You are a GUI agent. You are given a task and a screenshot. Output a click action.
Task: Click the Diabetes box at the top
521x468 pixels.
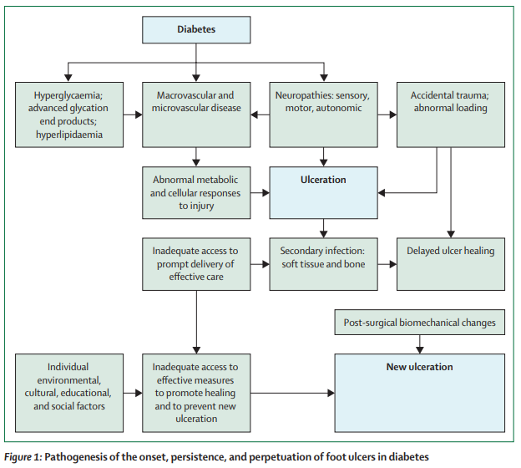coord(196,29)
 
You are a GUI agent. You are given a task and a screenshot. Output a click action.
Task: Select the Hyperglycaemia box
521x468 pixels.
coord(69,114)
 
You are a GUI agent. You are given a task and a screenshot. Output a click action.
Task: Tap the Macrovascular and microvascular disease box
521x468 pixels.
coord(196,114)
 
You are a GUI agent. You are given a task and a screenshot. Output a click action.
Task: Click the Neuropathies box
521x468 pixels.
coord(324,114)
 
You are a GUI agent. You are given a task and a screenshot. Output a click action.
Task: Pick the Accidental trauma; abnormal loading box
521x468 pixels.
coord(451,114)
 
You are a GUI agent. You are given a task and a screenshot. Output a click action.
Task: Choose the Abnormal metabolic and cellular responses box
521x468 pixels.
coord(196,192)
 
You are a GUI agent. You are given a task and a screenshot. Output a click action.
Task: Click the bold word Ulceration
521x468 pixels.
coord(323,180)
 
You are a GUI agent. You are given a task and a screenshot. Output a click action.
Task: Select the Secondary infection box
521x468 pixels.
coord(324,264)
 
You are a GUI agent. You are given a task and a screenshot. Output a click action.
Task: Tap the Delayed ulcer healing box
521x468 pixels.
coord(451,264)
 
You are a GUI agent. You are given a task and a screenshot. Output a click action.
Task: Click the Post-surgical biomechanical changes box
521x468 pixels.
coord(420,323)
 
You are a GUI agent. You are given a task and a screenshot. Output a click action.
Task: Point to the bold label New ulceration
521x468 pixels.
coord(420,367)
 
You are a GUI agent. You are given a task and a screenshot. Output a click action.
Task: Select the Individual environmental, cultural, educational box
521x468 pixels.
coord(69,393)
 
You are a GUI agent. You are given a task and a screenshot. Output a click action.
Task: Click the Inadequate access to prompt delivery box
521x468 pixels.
coord(196,264)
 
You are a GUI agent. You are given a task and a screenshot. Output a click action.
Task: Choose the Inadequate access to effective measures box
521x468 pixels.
coord(196,393)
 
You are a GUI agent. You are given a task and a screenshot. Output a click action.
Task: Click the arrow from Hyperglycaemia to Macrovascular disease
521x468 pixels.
coord(133,114)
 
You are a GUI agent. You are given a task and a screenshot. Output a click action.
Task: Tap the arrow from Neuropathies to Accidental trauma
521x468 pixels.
coord(387,114)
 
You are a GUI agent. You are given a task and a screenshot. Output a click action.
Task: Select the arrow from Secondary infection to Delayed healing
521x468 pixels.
coord(387,264)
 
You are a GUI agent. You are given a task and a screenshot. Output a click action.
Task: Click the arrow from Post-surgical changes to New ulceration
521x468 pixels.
coord(420,344)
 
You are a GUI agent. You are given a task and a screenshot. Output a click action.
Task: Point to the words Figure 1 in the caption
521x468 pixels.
coord(22,457)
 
